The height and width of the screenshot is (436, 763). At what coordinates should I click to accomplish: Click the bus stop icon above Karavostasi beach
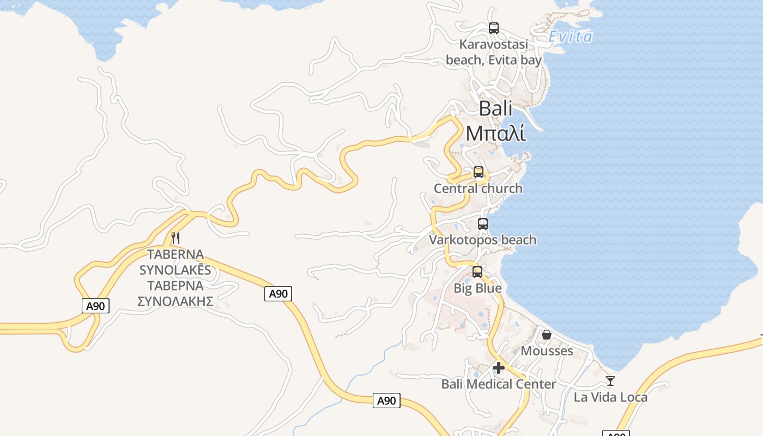[x=494, y=28]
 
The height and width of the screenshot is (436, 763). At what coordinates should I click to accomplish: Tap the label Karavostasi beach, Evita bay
[x=494, y=52]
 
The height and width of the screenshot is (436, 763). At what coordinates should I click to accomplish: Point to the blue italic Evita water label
[x=570, y=37]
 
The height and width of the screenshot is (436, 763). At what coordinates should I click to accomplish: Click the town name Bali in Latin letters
[x=495, y=108]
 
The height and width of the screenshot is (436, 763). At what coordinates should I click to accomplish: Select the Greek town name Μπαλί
[x=495, y=132]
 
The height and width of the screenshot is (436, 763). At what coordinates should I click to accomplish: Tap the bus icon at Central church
[x=479, y=172]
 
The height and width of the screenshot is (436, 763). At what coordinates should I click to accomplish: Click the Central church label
[x=478, y=189]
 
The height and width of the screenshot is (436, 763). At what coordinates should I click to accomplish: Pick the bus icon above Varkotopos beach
[x=483, y=223]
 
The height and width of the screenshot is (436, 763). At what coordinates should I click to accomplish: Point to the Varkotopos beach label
[x=482, y=240]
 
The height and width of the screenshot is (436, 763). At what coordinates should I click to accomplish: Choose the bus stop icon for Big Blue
[x=477, y=271]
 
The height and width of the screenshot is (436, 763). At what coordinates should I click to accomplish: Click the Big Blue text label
[x=477, y=288]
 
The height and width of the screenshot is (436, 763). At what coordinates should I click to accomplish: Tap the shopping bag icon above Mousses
[x=546, y=335]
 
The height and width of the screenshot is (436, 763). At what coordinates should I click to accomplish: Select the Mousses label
[x=547, y=351]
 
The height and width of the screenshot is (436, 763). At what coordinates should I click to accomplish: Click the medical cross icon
[x=498, y=368]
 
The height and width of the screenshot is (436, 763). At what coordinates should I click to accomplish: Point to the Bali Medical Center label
[x=499, y=384]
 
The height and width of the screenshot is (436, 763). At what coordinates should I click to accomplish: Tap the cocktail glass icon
[x=610, y=381]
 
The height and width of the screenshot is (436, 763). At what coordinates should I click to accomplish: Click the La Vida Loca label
[x=610, y=397]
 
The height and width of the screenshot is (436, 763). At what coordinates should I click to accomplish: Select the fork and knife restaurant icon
[x=175, y=238]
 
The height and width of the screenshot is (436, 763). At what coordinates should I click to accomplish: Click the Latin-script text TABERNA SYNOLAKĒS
[x=175, y=262]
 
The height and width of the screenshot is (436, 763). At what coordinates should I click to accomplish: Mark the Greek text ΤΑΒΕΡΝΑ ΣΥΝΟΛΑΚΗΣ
[x=175, y=293]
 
